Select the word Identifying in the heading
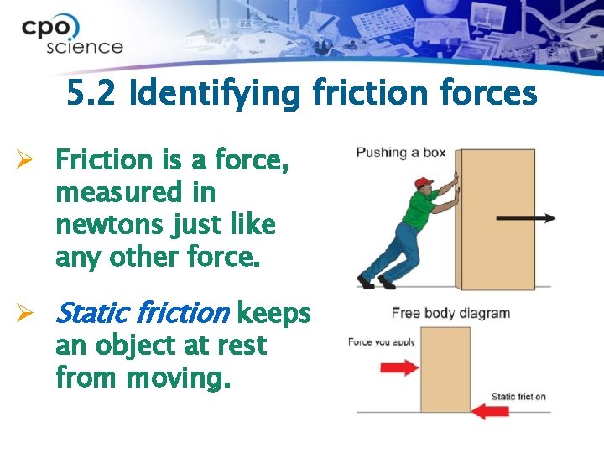pos(219,95)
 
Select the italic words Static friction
pos(141,314)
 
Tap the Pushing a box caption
pos(400,153)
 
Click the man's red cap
pos(424,182)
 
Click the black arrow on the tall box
pos(525,218)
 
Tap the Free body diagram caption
pos(450,314)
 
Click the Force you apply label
pos(383,342)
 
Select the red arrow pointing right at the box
pos(399,367)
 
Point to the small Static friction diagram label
pos(518,397)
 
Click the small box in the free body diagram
pos(445,369)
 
